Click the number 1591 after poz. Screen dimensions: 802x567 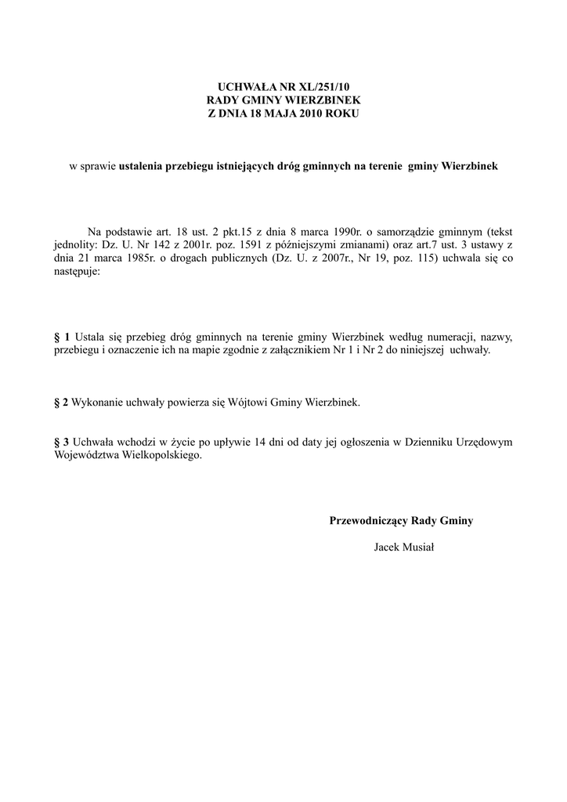point(260,246)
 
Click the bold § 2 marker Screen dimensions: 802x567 point(61,402)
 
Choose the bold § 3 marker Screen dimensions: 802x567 point(61,441)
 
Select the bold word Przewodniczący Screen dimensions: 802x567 point(370,520)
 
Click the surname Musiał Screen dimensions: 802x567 point(419,547)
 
